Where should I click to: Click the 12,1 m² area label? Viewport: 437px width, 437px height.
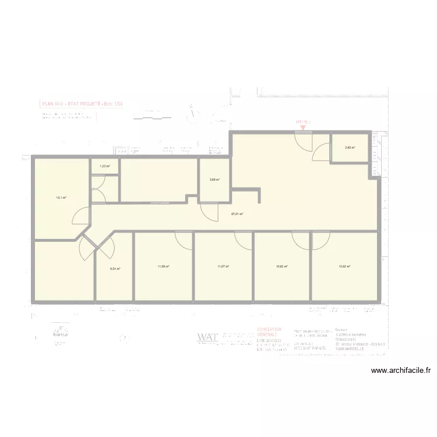(x=61, y=198)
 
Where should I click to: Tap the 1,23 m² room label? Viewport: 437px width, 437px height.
(x=104, y=166)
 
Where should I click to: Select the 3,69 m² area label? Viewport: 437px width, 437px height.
(x=214, y=179)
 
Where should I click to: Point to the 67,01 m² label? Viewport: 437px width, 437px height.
(x=237, y=214)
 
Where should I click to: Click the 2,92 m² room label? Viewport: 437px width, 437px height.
(x=349, y=147)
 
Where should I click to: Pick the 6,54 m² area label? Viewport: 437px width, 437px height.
(x=115, y=269)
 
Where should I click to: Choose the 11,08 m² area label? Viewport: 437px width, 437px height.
(x=163, y=267)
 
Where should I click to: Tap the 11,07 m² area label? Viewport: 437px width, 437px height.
(x=223, y=267)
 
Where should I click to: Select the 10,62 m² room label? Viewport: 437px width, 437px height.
(x=281, y=267)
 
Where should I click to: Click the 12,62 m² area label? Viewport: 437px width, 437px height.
(x=344, y=267)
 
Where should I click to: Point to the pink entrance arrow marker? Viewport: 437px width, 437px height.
(x=302, y=127)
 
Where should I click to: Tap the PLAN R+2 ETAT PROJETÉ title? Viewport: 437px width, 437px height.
(x=82, y=104)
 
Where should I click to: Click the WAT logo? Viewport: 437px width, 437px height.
(x=207, y=337)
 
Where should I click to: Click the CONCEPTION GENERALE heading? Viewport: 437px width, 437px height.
(x=269, y=332)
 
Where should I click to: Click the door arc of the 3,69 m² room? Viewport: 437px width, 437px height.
(x=208, y=211)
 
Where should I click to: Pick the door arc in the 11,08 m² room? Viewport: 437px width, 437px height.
(x=184, y=240)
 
